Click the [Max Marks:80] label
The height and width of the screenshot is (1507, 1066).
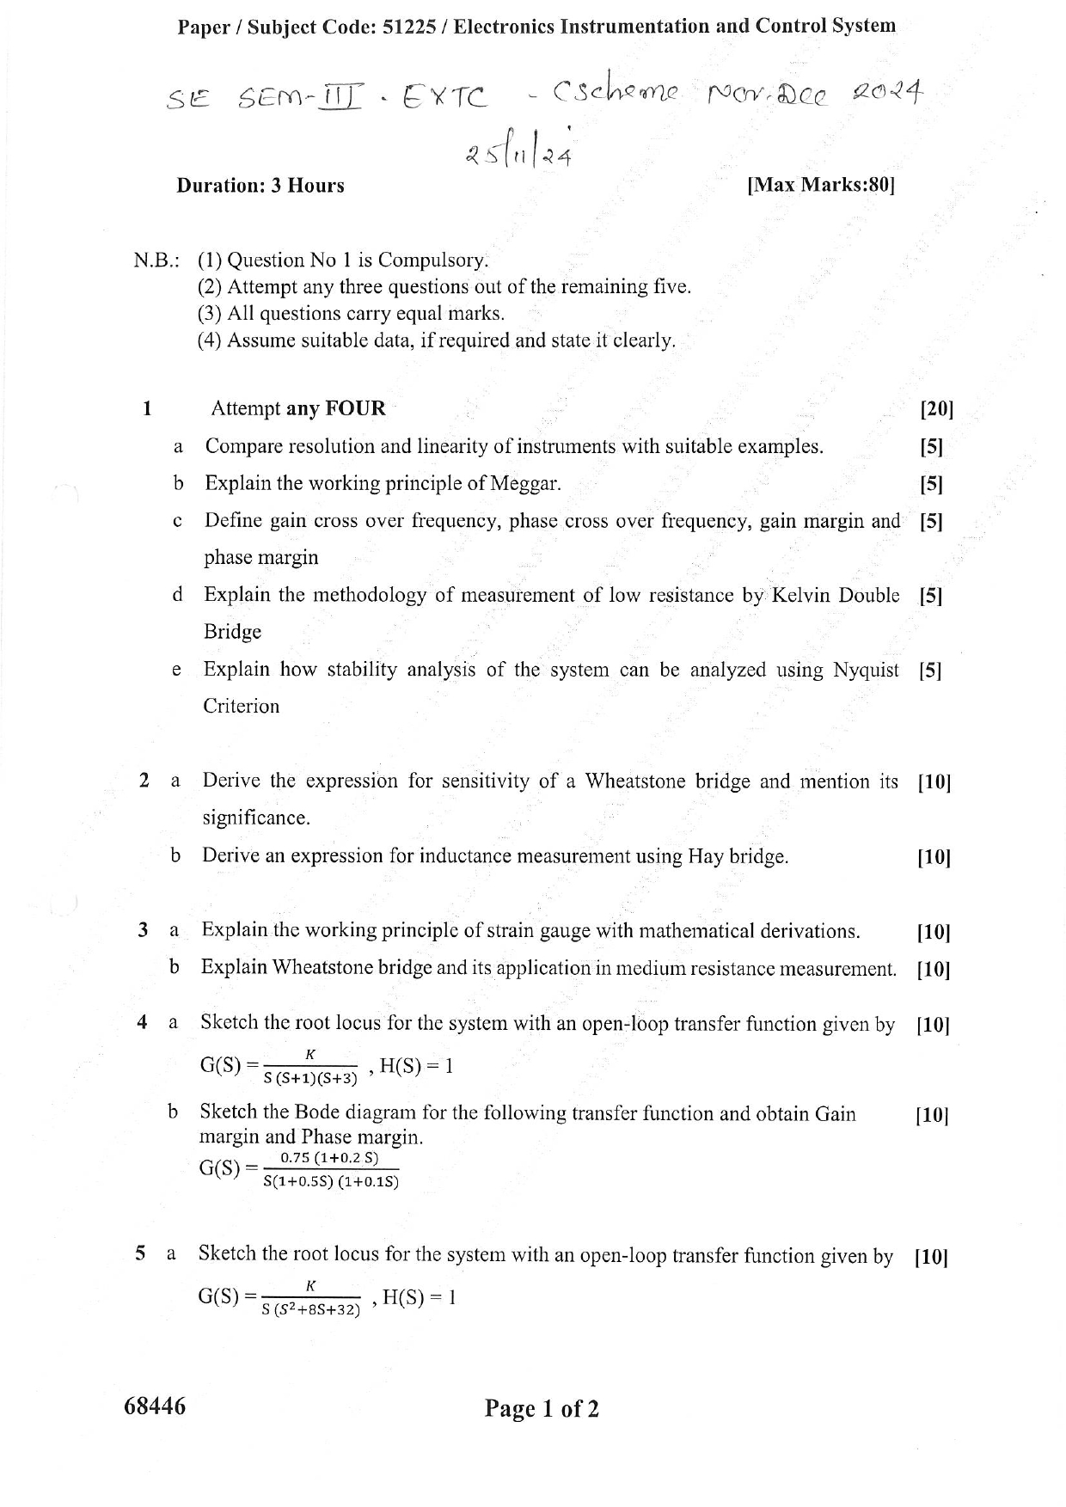coord(821,186)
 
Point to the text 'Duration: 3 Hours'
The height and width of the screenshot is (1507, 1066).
coord(260,186)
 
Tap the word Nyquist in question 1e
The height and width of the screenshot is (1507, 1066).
coord(866,670)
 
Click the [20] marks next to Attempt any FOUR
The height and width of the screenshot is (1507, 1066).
coord(936,409)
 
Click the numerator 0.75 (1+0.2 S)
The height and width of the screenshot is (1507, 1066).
coord(330,1158)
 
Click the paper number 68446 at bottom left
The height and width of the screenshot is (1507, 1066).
coord(155,1406)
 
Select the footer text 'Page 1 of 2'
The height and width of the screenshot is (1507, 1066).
coord(542,1409)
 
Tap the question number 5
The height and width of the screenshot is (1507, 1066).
coord(140,1254)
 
